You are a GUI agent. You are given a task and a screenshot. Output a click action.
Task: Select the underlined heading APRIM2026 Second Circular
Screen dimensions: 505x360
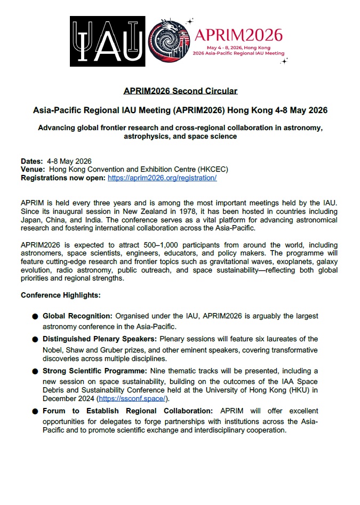[180, 91]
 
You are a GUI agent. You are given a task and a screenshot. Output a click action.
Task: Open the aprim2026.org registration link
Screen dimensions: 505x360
[162, 178]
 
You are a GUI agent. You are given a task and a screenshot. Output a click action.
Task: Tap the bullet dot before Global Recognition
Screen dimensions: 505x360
[35, 316]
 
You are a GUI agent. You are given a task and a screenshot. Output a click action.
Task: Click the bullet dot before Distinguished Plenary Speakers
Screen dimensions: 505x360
[35, 339]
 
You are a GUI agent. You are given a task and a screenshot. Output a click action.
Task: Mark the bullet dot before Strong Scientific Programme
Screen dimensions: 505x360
[35, 371]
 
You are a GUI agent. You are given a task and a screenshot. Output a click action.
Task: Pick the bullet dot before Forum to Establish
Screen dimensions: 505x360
[35, 411]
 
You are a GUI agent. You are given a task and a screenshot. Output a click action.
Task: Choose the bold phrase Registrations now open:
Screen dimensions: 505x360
[63, 178]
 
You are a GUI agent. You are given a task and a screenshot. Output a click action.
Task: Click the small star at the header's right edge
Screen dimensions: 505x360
[284, 61]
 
